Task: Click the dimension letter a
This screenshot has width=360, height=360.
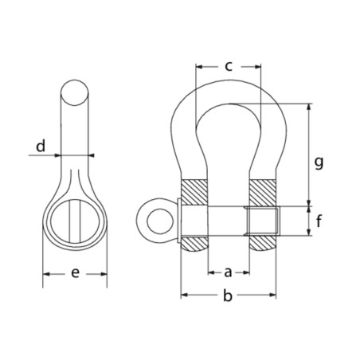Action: point(228,272)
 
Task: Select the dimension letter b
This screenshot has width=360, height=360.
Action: point(228,295)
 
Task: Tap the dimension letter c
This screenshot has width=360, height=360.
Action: point(229,66)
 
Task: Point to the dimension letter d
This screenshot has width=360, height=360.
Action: point(41,146)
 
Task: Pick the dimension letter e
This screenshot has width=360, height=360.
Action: point(75,273)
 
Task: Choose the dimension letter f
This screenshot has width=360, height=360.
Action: point(319,221)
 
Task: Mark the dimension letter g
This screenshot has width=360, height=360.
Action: point(319,162)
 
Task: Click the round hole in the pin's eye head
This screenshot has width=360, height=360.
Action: point(160,221)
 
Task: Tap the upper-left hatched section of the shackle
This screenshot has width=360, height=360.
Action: point(194,193)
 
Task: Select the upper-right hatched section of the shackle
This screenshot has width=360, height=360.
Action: point(263,193)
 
